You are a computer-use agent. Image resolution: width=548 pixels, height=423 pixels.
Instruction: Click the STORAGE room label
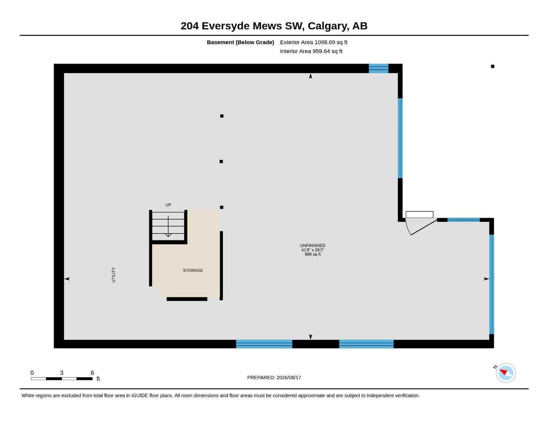[193, 271]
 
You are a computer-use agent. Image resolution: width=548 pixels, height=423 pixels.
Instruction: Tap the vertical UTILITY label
[113, 275]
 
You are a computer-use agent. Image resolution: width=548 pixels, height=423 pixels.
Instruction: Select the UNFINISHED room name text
[313, 245]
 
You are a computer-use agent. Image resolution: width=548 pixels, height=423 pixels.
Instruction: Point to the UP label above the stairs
[168, 205]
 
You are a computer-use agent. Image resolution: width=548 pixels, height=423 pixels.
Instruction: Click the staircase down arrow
[168, 226]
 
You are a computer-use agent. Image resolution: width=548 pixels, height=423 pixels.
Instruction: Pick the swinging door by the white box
[421, 227]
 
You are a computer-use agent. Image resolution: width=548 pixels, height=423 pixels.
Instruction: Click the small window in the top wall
[378, 69]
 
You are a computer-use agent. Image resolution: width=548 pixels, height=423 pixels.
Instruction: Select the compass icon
[506, 373]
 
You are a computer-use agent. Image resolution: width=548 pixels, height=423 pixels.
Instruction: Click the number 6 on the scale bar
[92, 373]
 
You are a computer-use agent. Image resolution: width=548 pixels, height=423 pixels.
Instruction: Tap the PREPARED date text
[274, 378]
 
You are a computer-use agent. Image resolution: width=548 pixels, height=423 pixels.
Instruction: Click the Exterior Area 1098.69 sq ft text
[314, 42]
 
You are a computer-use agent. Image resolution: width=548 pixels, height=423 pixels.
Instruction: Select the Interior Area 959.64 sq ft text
[311, 51]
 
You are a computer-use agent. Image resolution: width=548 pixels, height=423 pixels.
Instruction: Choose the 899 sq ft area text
[313, 254]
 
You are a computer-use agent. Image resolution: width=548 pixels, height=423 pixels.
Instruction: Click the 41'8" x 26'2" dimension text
[313, 250]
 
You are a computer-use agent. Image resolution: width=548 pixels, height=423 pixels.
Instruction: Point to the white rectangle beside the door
[419, 214]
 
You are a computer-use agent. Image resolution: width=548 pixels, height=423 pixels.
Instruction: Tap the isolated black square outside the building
[493, 67]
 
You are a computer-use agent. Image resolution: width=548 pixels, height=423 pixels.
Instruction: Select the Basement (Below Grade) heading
[240, 42]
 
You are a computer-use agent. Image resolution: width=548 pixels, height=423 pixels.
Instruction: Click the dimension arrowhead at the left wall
[67, 279]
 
